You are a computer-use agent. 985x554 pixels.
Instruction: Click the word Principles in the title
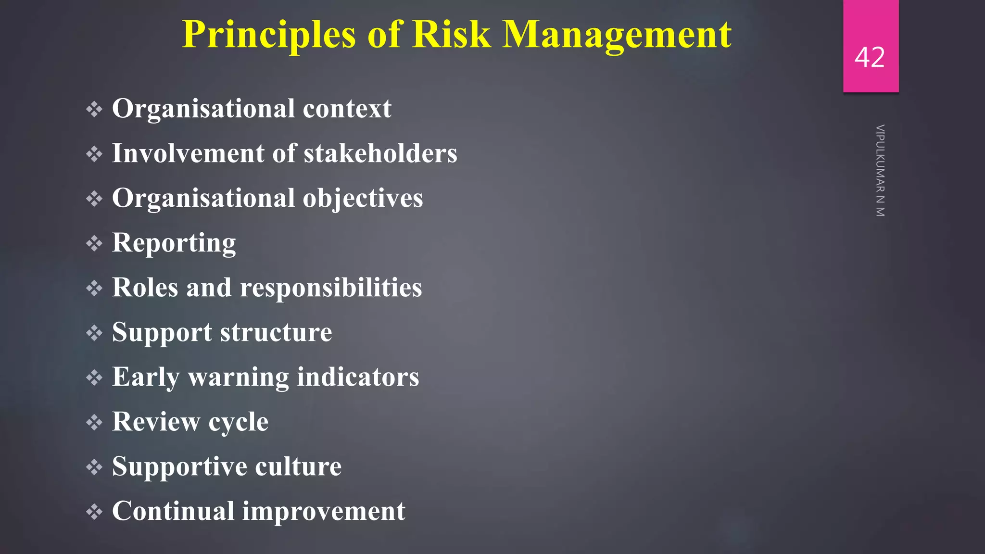(x=268, y=35)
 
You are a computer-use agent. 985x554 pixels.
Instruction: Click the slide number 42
(x=870, y=57)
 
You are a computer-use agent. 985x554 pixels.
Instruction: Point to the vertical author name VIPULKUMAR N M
(x=880, y=171)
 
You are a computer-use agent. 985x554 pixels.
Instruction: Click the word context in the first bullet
(x=347, y=109)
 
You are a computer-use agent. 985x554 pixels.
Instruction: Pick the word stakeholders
(x=380, y=153)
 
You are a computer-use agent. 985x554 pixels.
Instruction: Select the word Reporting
(x=174, y=243)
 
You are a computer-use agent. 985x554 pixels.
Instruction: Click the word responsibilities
(x=330, y=288)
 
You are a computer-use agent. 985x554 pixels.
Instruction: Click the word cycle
(x=238, y=422)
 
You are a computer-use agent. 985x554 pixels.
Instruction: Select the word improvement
(x=324, y=511)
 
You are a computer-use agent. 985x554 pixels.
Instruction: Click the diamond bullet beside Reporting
(x=94, y=243)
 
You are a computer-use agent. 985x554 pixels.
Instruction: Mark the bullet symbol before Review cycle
(x=94, y=423)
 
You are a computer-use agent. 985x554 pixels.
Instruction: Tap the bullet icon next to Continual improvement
(x=94, y=512)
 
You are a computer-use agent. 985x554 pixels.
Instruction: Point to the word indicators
(x=358, y=377)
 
